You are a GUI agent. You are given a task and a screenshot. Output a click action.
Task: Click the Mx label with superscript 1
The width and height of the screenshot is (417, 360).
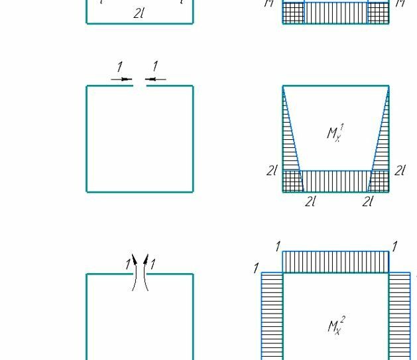point(335,133)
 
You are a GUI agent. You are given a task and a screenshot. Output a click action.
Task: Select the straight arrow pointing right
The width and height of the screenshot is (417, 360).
point(122,80)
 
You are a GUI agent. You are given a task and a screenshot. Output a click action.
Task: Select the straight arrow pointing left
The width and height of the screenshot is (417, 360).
point(156,80)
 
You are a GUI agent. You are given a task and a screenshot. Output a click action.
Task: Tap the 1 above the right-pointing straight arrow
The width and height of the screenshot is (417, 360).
point(119,67)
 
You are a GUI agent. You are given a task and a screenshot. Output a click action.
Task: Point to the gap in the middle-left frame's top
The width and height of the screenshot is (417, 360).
point(139,86)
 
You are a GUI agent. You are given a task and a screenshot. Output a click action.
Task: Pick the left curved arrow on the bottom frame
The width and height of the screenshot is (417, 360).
point(135,272)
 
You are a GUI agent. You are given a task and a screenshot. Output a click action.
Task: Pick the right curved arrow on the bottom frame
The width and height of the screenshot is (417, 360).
point(145,272)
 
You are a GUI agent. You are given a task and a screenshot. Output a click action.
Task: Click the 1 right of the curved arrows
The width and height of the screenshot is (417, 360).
point(153,264)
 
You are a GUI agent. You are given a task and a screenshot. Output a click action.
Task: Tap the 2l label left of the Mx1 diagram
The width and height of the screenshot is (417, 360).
point(272,170)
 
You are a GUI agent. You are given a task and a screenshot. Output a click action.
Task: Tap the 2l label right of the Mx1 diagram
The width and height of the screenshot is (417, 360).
point(400,170)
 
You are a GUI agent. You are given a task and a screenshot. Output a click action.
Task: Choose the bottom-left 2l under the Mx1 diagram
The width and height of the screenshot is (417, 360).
point(310,202)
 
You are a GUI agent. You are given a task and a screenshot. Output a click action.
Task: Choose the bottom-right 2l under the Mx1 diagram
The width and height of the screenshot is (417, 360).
point(368,202)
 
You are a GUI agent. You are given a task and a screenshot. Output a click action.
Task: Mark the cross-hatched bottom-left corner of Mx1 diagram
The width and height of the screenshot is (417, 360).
point(293,181)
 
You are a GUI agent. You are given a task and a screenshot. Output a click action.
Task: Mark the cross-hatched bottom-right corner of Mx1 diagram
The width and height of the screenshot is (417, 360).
point(379,181)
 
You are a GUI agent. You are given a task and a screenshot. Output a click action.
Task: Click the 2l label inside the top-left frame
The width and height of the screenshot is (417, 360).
point(139,13)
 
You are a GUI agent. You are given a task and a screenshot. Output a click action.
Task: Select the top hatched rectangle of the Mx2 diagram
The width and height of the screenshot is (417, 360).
point(335,262)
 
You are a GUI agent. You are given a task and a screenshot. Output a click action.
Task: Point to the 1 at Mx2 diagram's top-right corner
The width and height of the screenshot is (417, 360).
point(394,247)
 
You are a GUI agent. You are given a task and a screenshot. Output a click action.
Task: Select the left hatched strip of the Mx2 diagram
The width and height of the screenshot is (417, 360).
point(272,315)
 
